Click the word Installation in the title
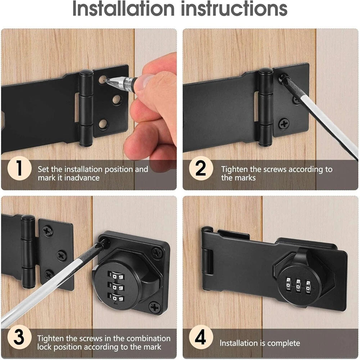(123, 9)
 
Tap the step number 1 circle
(19, 168)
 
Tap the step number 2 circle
(201, 168)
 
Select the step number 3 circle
(19, 337)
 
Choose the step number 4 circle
(201, 337)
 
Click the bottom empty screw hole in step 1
(103, 124)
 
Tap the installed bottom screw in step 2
(284, 124)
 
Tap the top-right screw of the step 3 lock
(157, 253)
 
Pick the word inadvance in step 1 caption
(82, 178)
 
